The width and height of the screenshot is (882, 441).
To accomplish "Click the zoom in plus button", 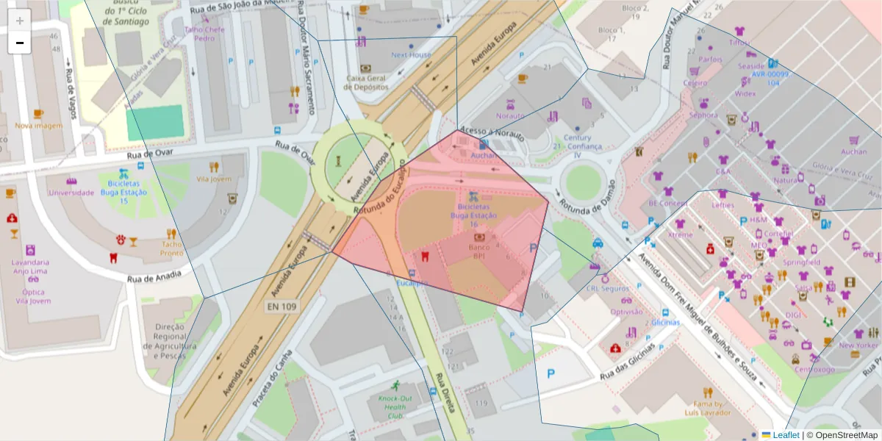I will click(20, 21).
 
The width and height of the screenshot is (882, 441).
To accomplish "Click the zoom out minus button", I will click(20, 43).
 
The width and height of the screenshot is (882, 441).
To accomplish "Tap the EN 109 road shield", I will click(282, 306).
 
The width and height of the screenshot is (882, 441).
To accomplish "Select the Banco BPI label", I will click(479, 252).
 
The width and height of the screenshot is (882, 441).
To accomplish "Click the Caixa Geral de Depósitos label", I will click(366, 82).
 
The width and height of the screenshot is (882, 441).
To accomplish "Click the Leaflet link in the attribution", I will click(786, 435).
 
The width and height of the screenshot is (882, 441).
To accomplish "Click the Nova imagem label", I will click(38, 125).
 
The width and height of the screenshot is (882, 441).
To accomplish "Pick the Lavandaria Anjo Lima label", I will click(31, 266).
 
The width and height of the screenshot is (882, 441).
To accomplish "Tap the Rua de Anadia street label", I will click(154, 277).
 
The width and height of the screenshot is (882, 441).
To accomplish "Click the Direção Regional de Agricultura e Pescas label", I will click(169, 341).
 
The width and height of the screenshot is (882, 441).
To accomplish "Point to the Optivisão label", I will click(626, 312).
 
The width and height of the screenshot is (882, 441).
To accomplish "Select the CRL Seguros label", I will click(607, 289).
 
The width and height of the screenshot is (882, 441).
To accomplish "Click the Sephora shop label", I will click(703, 115).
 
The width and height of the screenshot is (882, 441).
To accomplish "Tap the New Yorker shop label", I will click(858, 345).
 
